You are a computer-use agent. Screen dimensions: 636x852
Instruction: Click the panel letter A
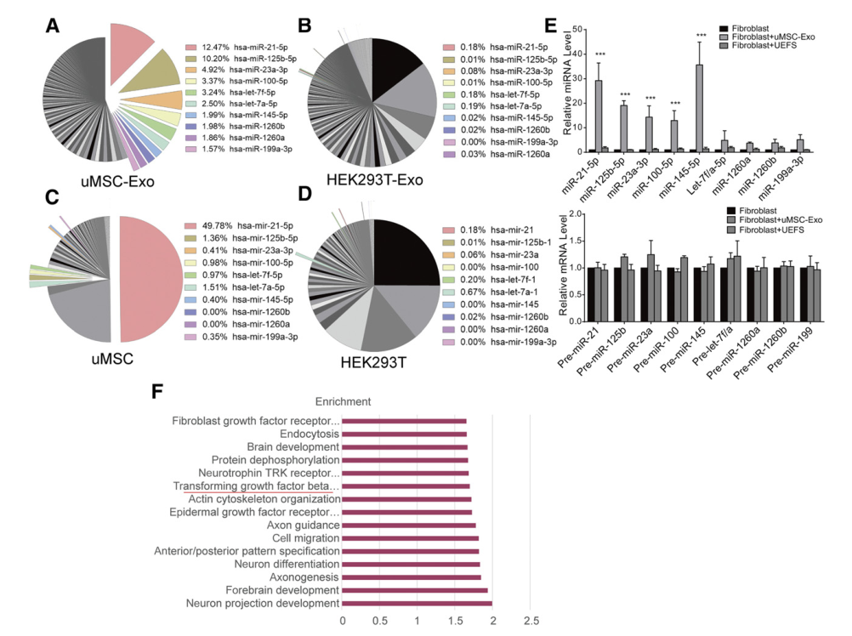[53, 28]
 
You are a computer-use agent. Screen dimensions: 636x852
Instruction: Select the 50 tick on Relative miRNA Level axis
[578, 29]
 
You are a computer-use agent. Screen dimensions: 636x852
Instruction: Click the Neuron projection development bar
[417, 604]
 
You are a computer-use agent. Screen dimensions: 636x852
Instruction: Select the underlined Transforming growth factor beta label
[256, 486]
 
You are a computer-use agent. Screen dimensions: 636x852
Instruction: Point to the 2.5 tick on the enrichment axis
[531, 622]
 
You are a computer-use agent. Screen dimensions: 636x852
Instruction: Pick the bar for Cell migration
[410, 538]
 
